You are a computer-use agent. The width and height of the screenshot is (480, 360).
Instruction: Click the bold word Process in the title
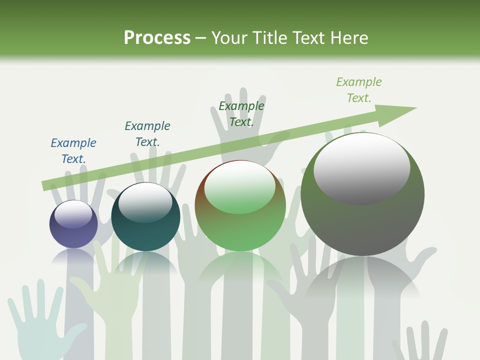[157, 37]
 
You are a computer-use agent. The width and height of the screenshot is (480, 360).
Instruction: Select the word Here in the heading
[349, 37]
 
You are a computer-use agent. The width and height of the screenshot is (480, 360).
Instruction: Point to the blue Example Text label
[73, 150]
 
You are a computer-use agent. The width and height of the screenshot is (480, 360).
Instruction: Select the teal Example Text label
[147, 133]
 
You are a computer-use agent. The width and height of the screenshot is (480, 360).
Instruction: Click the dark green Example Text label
[241, 113]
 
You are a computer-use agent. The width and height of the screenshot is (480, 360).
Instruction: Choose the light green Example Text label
[359, 89]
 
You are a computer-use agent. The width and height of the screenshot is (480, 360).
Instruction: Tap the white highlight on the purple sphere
[73, 214]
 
